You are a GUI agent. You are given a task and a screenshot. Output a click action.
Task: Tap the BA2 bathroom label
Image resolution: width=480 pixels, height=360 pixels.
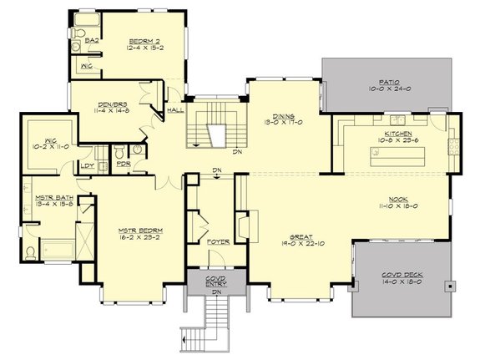click(93, 39)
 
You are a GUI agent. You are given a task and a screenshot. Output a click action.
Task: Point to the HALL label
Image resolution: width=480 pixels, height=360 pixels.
click(175, 109)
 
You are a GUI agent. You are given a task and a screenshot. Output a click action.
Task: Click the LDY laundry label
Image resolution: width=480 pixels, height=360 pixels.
click(86, 165)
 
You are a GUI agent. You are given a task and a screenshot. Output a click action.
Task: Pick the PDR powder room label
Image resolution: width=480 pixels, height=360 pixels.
click(123, 165)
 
